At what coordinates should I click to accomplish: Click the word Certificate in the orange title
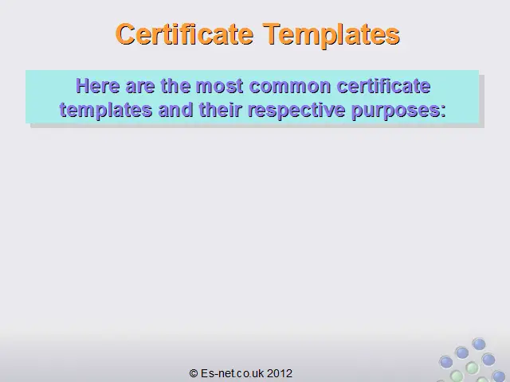[184, 34]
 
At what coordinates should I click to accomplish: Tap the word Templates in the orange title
[331, 36]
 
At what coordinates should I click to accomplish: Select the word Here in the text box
[97, 86]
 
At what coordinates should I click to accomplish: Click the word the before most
[175, 86]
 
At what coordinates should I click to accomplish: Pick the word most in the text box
[220, 87]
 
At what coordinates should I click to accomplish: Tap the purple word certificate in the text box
[384, 86]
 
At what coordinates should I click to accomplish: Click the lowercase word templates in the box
[106, 111]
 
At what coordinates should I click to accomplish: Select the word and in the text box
[175, 110]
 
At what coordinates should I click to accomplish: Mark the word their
[221, 110]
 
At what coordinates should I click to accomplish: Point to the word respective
[296, 111]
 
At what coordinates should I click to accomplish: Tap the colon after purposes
[443, 112]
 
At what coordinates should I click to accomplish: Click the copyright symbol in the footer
[194, 373]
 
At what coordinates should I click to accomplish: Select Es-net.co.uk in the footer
[233, 373]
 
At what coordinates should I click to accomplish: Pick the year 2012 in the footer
[280, 373]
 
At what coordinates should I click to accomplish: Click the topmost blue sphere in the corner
[479, 344]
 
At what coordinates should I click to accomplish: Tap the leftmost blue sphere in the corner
[445, 361]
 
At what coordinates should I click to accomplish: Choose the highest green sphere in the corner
[471, 368]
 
